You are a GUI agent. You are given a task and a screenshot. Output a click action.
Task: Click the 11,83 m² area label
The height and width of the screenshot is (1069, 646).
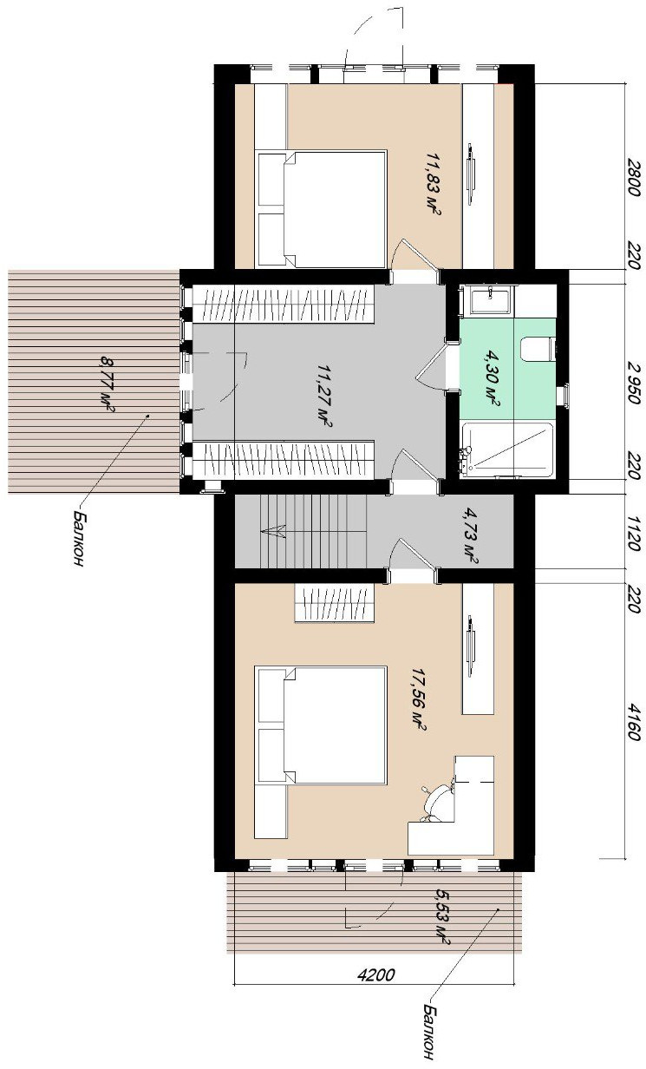coord(434,184)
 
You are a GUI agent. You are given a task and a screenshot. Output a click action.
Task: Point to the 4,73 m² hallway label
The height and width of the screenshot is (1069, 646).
coord(471,536)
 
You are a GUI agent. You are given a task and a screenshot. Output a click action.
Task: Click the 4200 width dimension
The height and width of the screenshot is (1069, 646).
coord(376,974)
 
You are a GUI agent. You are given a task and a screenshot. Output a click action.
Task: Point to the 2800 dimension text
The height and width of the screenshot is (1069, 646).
coord(633,177)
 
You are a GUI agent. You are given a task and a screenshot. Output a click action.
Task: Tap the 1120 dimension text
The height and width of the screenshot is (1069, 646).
coord(633,533)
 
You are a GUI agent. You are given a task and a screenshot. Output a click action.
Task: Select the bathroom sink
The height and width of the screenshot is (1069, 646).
coord(490,299)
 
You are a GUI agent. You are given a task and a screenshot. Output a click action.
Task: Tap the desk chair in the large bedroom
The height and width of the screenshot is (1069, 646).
coord(437,803)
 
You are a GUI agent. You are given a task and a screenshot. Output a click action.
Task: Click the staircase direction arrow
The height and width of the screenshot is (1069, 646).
coord(273,531)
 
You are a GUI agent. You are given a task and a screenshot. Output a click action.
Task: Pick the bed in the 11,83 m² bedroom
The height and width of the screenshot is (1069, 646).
coord(320,209)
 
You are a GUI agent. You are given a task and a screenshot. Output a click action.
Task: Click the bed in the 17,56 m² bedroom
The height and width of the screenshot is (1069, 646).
coord(320,725)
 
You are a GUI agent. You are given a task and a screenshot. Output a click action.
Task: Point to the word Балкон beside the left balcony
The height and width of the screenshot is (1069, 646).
coord(79,537)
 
